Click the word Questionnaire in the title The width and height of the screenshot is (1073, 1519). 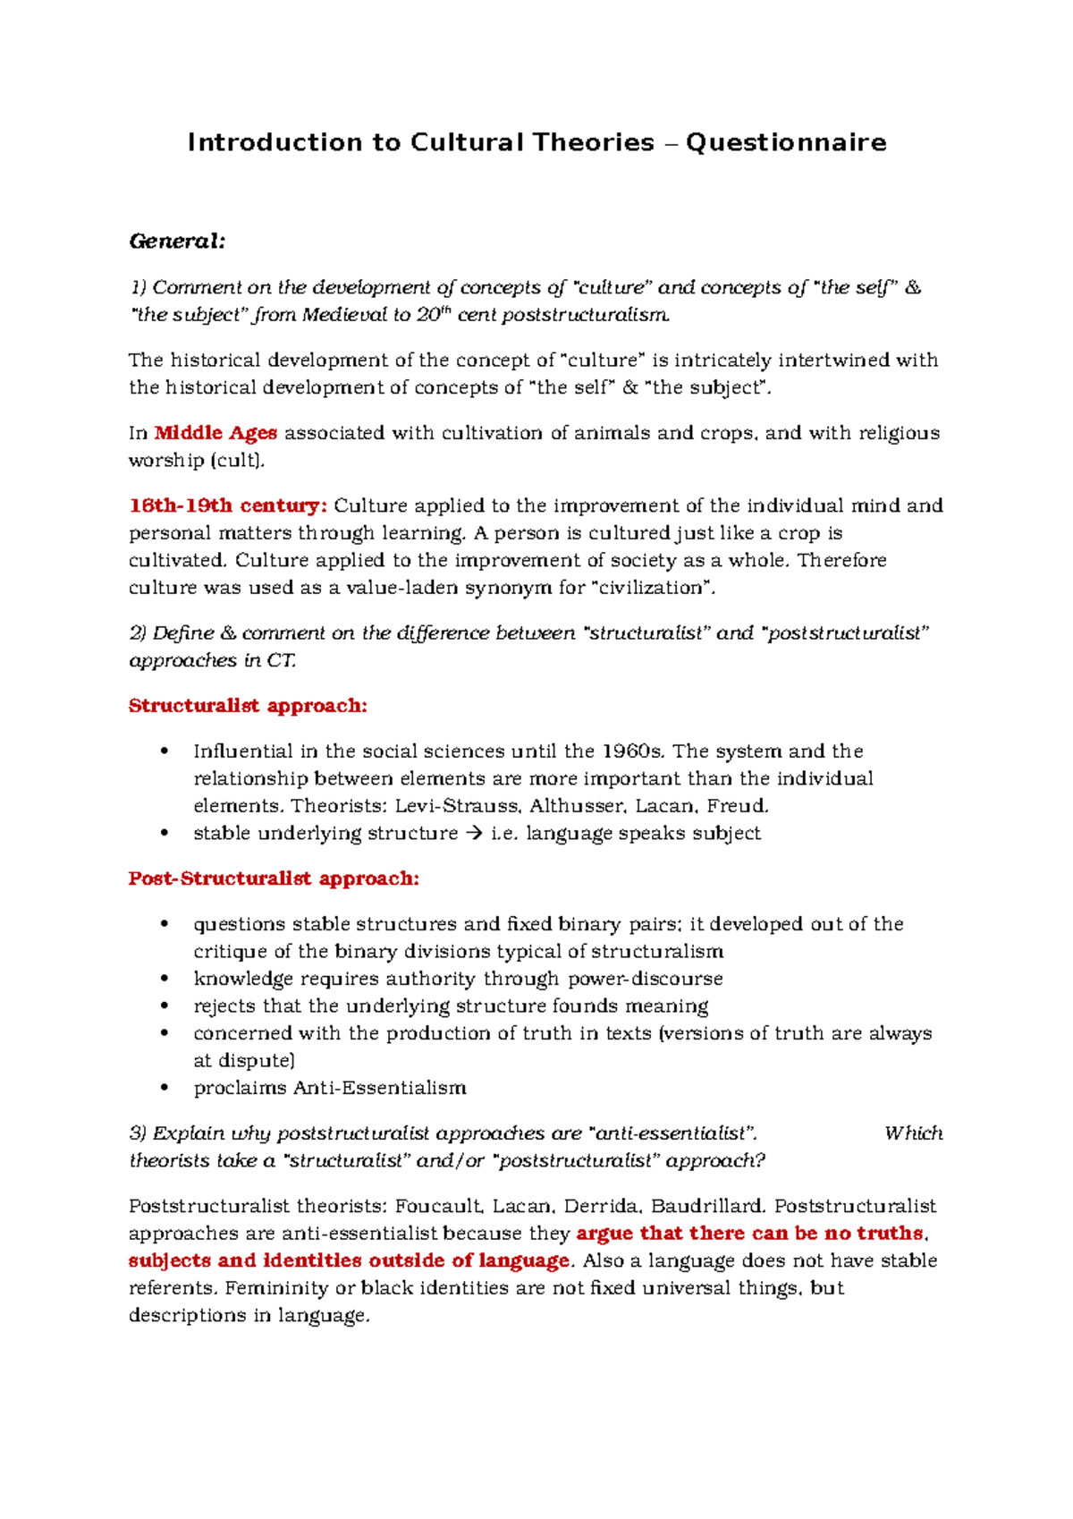click(786, 143)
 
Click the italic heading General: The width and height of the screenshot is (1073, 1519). click(177, 242)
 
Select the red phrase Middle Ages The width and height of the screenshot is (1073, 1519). click(215, 433)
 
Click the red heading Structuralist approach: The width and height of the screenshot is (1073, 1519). click(248, 706)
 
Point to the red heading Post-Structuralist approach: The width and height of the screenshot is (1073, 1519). click(274, 878)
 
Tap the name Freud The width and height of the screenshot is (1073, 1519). click(736, 806)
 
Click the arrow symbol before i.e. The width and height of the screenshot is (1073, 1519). click(475, 834)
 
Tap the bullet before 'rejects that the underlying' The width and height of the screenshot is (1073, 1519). click(164, 1006)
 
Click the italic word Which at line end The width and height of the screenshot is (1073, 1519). click(913, 1133)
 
